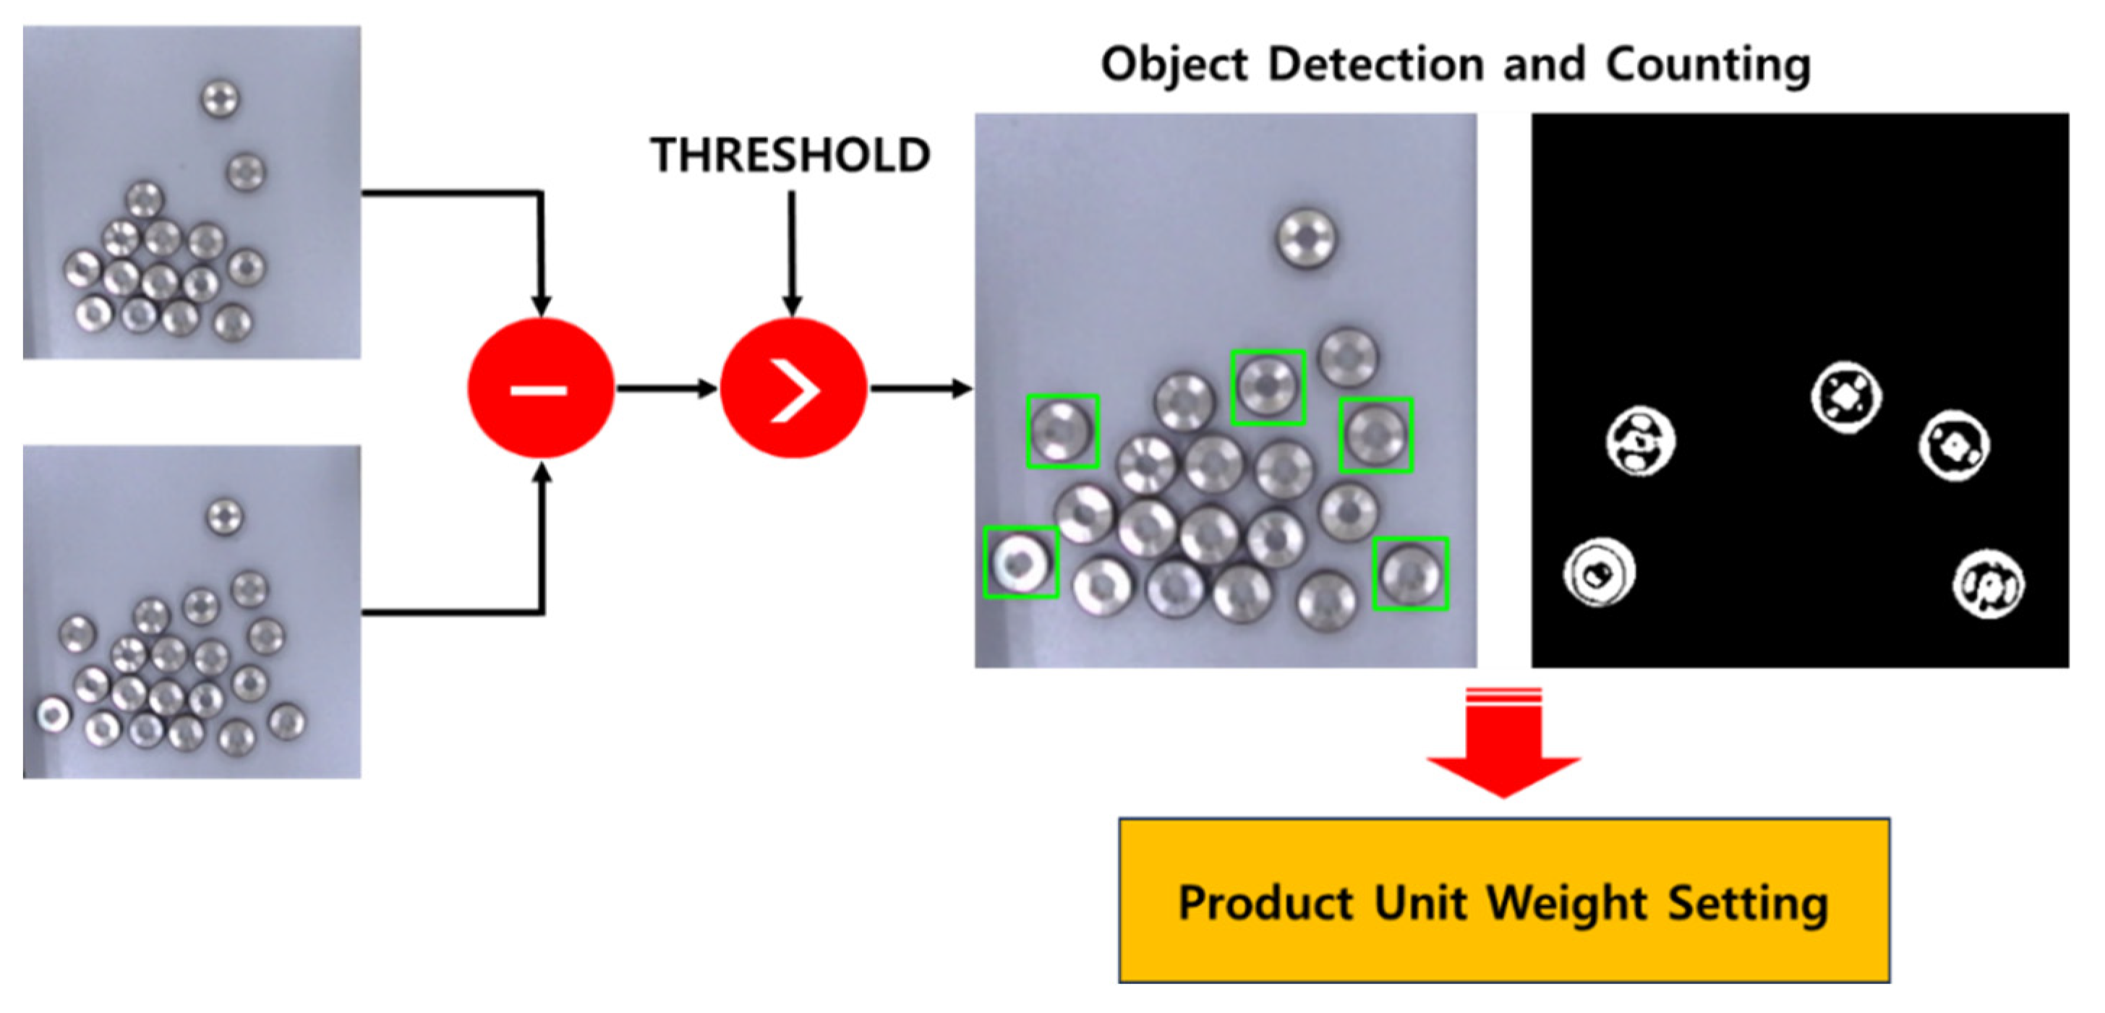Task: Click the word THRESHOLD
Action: tap(790, 155)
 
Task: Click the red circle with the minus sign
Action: tap(540, 389)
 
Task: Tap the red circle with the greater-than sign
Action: tap(793, 389)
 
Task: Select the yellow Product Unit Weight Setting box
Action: tap(1503, 900)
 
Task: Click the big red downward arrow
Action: tap(1503, 743)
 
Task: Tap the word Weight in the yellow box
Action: tap(1566, 904)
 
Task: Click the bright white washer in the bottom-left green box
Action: tap(1020, 562)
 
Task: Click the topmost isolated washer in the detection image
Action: tap(1306, 238)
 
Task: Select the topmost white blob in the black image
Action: tap(1846, 397)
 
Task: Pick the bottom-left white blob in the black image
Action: tap(1600, 573)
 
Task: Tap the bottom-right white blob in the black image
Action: tap(1988, 584)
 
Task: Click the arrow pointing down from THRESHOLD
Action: tap(791, 253)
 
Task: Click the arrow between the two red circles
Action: tap(666, 389)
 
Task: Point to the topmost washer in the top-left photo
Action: tap(220, 99)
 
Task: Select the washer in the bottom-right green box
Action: tap(1410, 573)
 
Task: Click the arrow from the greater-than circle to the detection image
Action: tap(920, 389)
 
